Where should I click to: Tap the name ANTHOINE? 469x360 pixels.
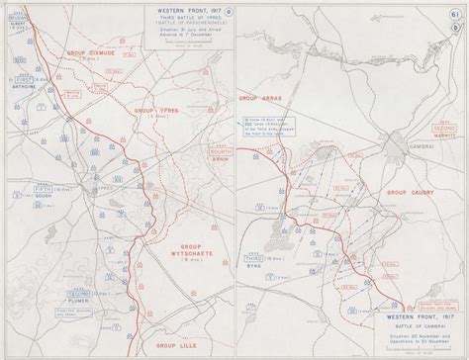point(25,85)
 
